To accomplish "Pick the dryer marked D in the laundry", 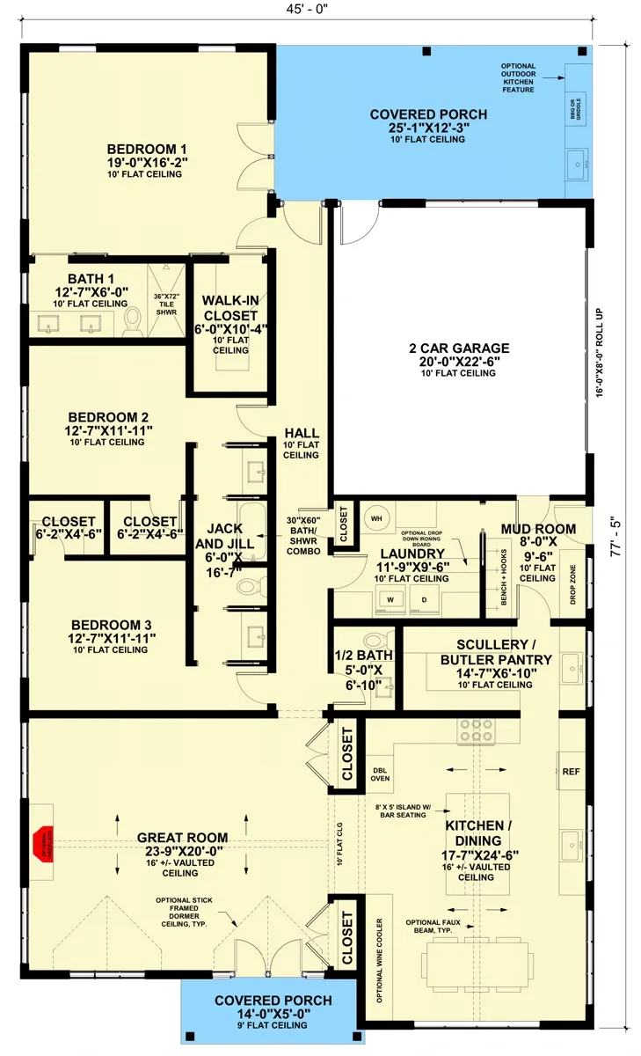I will coord(423,600).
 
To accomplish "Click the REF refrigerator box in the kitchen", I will coord(571,771).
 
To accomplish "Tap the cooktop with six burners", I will coord(475,730).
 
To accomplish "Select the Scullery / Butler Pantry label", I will coord(496,659).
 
